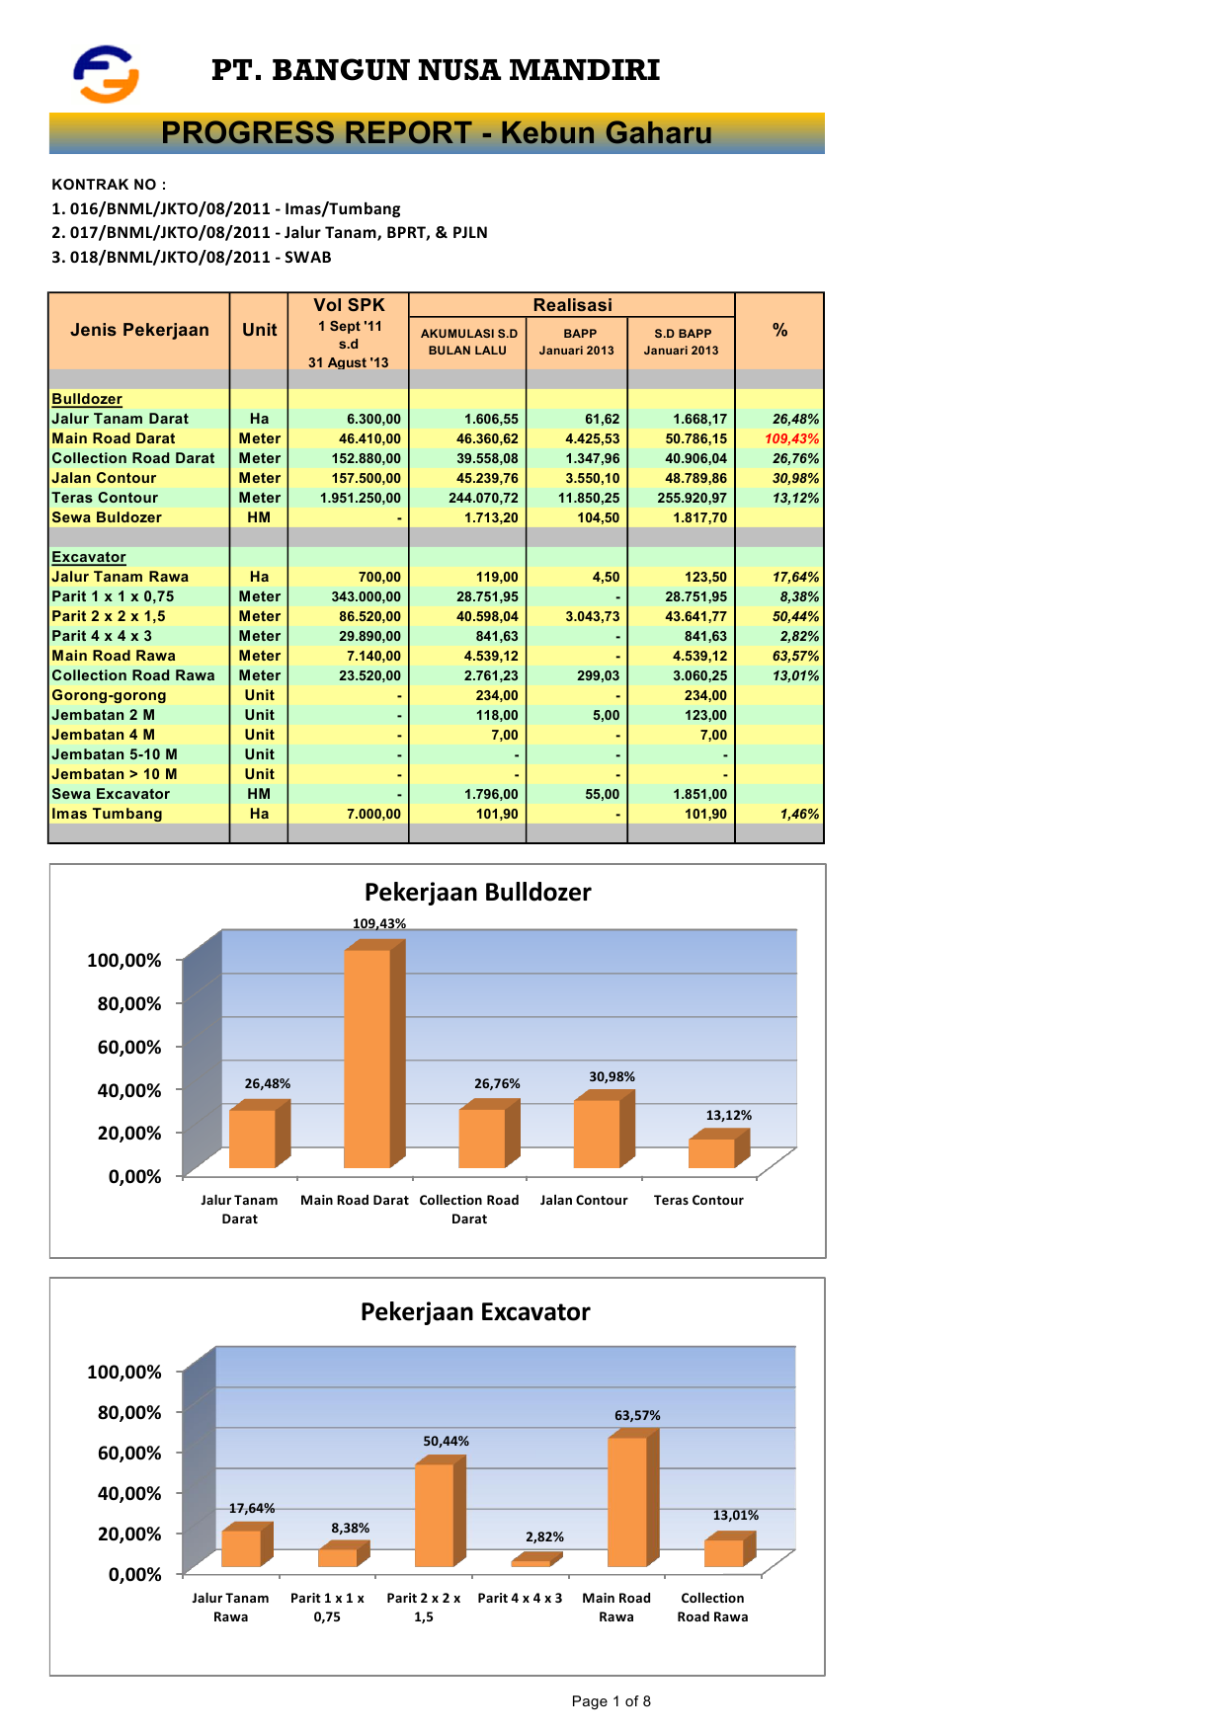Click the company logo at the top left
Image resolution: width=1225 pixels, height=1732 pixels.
tap(106, 74)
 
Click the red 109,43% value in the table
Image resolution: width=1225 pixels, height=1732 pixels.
tap(791, 438)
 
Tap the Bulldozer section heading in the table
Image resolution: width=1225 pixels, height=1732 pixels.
tap(87, 399)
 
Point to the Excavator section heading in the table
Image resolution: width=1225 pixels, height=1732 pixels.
tap(89, 557)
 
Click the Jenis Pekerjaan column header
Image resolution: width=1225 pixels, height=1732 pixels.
tap(139, 330)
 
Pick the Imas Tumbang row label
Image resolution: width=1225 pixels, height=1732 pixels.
tap(107, 814)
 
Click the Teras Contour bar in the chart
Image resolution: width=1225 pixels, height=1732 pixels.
tap(711, 1152)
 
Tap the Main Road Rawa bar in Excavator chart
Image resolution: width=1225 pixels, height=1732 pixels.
tap(627, 1501)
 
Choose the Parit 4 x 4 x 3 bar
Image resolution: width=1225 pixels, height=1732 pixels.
tap(531, 1562)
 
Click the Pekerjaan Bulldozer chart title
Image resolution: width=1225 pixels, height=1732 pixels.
tap(477, 893)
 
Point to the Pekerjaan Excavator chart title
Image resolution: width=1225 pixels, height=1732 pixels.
tap(475, 1312)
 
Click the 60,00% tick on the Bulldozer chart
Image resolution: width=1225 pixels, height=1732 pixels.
tap(129, 1047)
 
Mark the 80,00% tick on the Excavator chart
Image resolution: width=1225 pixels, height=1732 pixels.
tap(129, 1413)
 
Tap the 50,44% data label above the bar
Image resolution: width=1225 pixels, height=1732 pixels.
tap(447, 1442)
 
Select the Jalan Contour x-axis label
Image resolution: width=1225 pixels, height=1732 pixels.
tap(584, 1201)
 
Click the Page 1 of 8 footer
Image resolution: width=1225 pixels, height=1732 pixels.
tap(611, 1701)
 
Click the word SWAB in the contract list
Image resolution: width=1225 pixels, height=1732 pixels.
tap(308, 258)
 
